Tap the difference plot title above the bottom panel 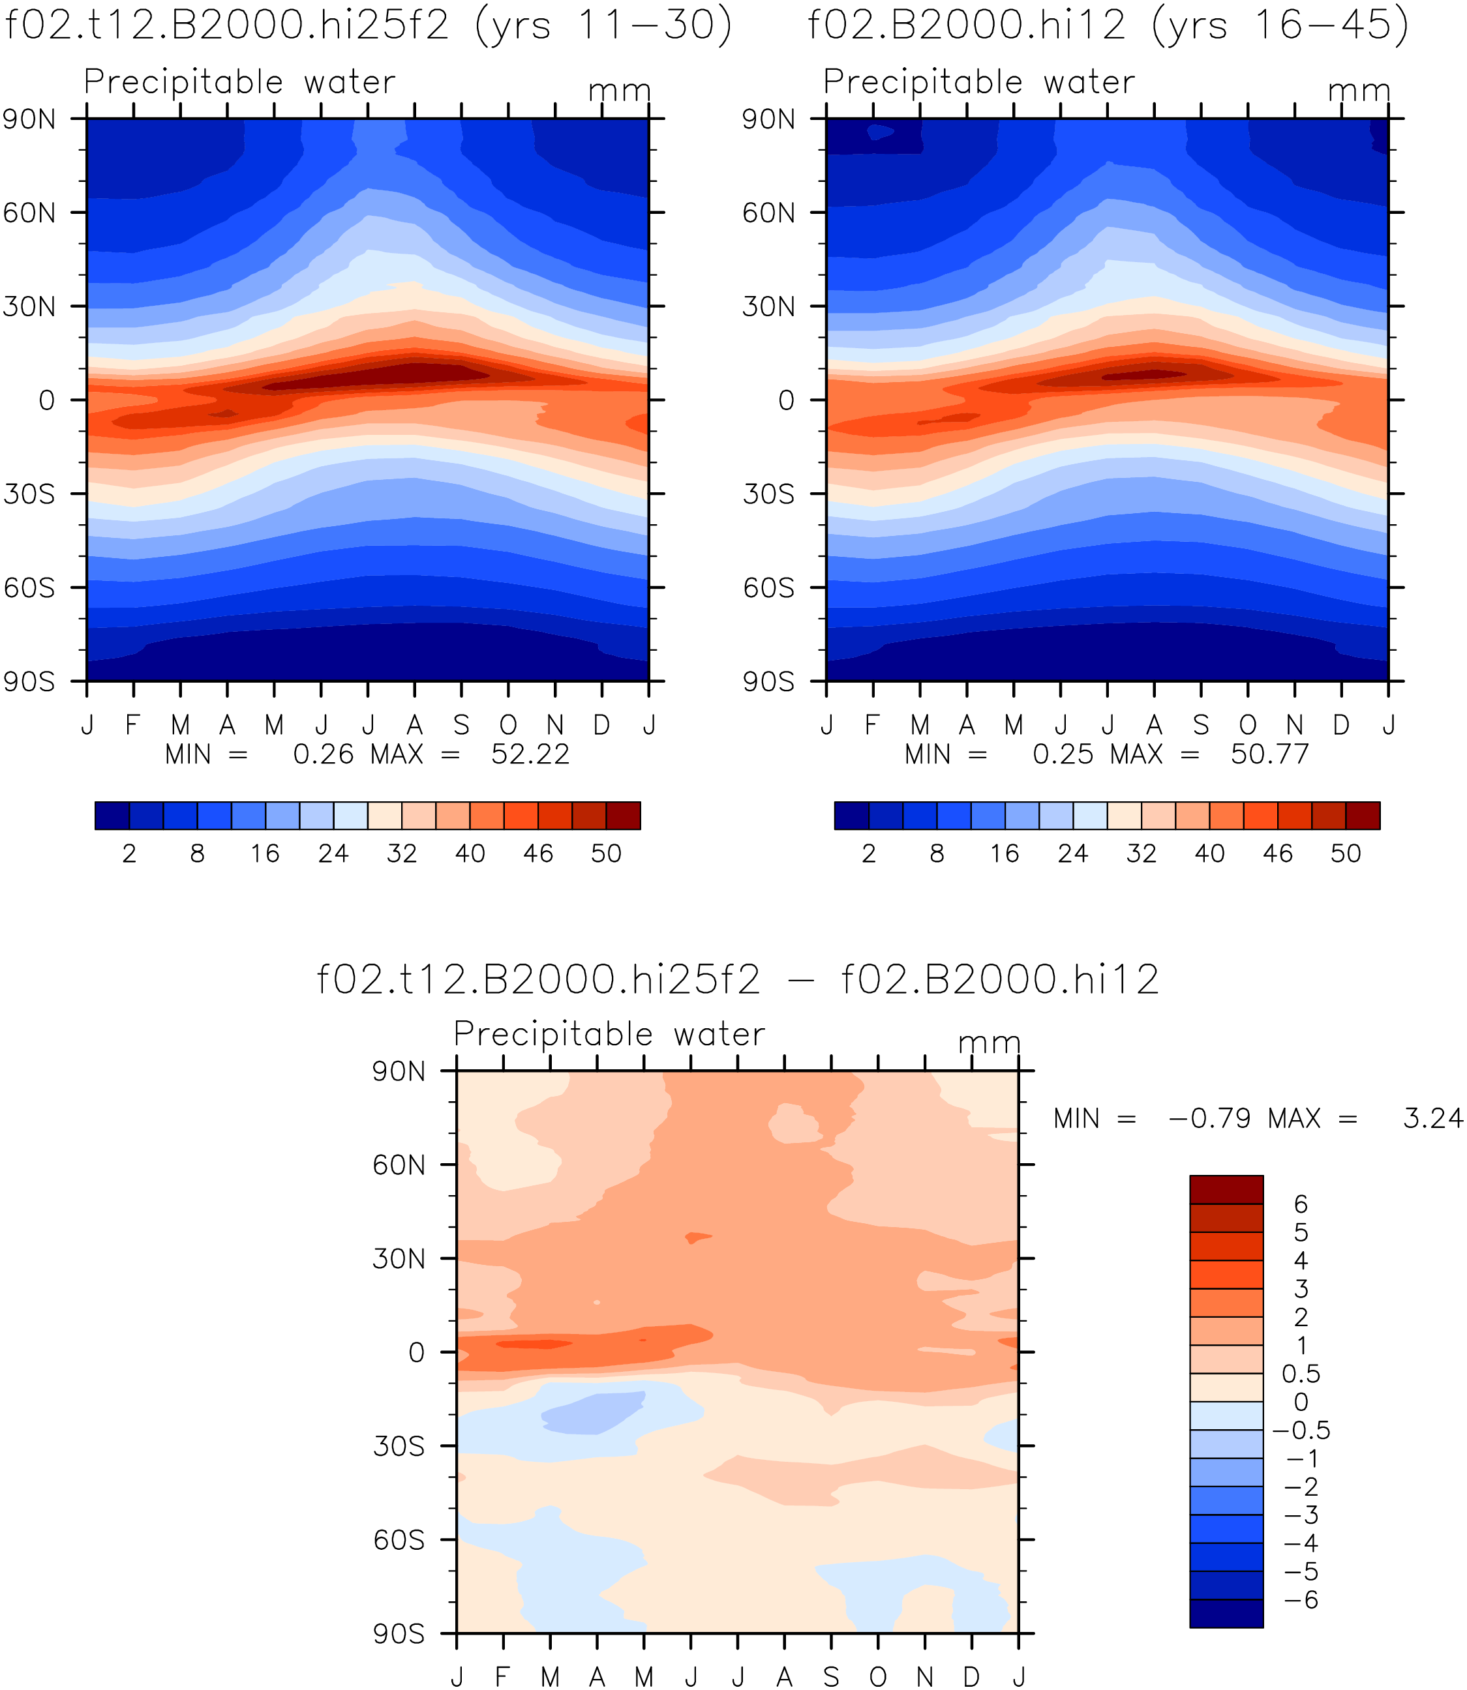(x=738, y=979)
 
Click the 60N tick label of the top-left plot (x=29, y=213)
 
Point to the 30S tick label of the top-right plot (x=768, y=494)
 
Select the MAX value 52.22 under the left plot (x=530, y=754)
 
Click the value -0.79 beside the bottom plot (x=1210, y=1118)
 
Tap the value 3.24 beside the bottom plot (x=1432, y=1118)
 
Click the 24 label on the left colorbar (x=333, y=853)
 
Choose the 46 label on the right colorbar (x=1277, y=853)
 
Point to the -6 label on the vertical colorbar (x=1301, y=1600)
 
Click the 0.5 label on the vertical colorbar (x=1301, y=1373)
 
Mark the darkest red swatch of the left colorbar (x=623, y=815)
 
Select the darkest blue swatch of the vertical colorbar (x=1226, y=1613)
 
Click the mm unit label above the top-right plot (x=1359, y=91)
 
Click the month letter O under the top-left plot (x=508, y=725)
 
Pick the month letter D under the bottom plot (x=972, y=1676)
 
